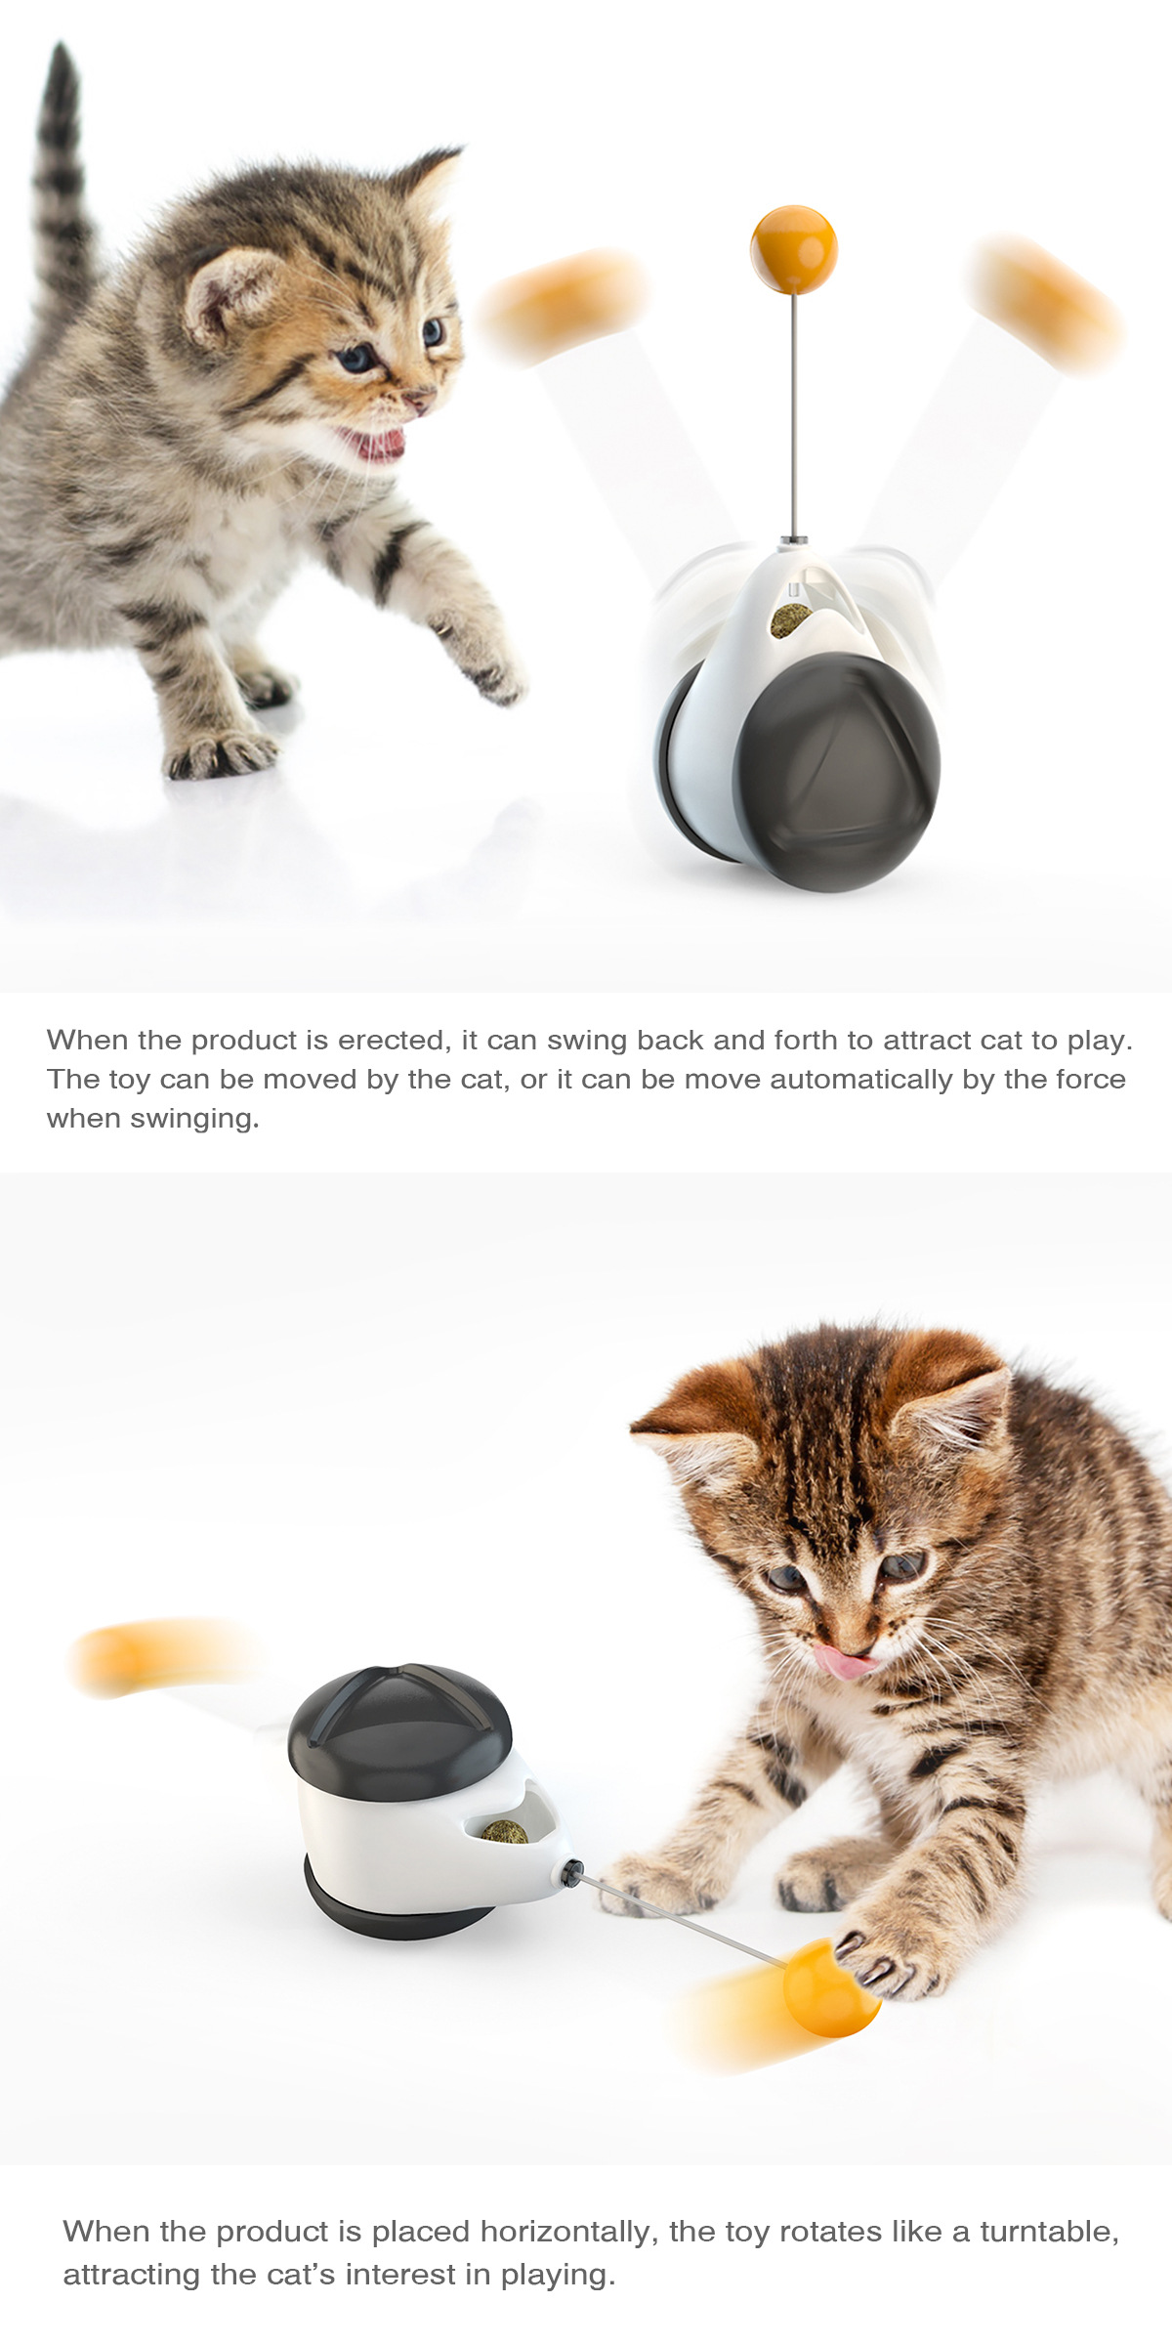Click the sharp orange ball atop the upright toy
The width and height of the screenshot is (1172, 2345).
tap(794, 250)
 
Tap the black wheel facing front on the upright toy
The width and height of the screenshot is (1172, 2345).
tap(837, 772)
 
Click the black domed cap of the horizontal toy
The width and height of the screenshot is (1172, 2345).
tap(399, 1731)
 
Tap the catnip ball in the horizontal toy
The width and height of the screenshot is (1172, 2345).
tap(504, 1832)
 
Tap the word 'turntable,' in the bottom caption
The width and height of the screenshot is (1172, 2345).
tap(1050, 2232)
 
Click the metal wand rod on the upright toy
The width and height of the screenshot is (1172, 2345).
tap(795, 415)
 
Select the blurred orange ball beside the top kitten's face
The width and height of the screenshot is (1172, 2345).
tap(565, 305)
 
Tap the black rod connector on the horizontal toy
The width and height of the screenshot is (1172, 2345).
tap(572, 1872)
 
